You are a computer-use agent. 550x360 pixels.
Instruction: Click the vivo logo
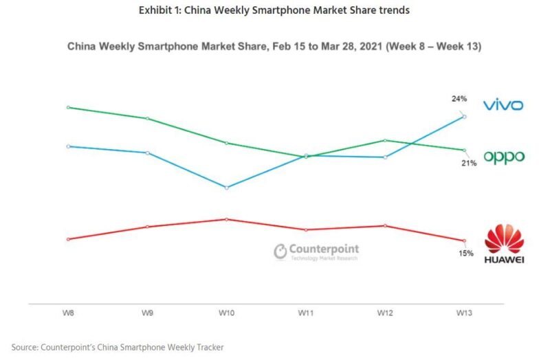[503, 105]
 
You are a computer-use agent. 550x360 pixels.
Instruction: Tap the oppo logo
[504, 157]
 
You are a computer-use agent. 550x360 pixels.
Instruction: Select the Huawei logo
[504, 244]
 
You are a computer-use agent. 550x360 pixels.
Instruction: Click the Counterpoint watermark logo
[316, 251]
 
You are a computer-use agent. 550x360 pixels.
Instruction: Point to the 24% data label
[459, 99]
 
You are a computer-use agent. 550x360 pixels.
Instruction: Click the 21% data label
[469, 164]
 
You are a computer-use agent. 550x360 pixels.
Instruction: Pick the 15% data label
[465, 254]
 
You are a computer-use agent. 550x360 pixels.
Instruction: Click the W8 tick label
[68, 313]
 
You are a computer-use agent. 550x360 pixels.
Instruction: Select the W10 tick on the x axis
[227, 313]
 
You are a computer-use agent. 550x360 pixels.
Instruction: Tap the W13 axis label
[465, 313]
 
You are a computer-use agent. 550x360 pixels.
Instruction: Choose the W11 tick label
[306, 313]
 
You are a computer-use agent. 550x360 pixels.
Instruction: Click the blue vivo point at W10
[227, 187]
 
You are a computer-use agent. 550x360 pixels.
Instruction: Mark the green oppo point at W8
[68, 107]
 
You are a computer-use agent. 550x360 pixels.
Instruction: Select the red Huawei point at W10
[227, 219]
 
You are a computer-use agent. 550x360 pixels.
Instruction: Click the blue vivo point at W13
[465, 117]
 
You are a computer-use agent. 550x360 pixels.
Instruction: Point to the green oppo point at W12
[386, 140]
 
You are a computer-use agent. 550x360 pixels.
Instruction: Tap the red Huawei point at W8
[68, 239]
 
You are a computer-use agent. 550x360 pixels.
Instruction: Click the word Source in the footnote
[25, 347]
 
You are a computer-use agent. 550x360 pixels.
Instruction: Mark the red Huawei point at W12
[386, 225]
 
